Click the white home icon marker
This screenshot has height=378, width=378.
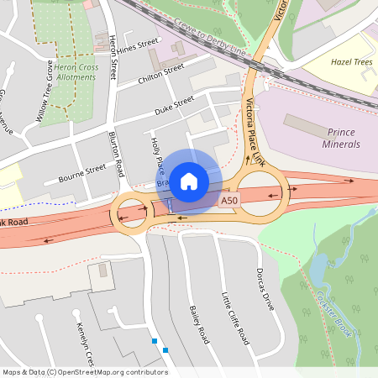(189, 181)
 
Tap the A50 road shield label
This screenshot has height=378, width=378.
(229, 202)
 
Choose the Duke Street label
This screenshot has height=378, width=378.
(173, 107)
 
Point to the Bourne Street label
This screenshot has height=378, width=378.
(82, 174)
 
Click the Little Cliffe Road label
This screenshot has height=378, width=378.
(234, 318)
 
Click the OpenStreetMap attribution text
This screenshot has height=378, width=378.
(85, 372)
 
